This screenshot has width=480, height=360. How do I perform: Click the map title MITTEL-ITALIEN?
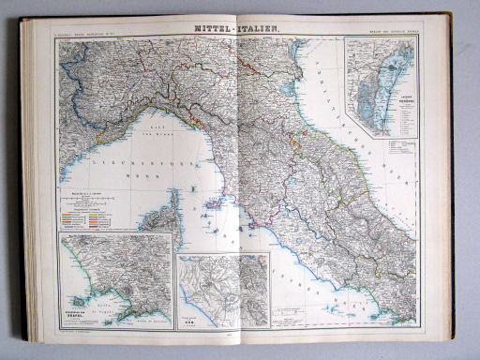coord(237,29)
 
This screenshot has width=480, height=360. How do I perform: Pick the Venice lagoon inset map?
coord(381,86)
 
